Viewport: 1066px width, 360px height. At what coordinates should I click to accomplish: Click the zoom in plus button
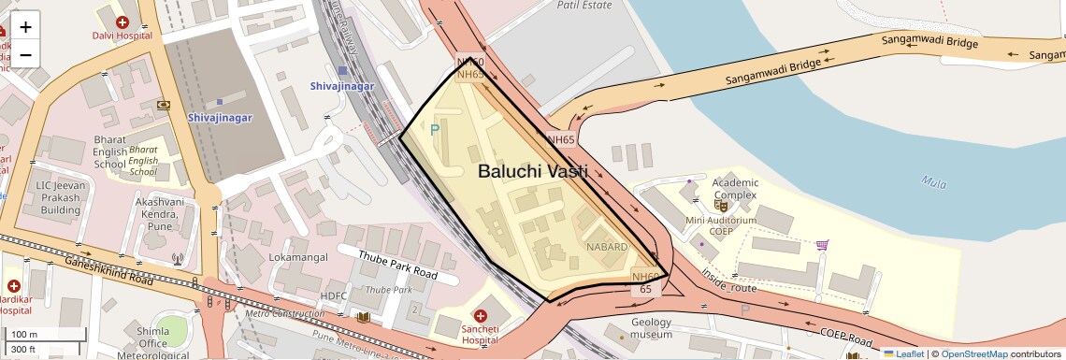[25, 27]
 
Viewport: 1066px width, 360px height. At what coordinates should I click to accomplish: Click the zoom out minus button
[25, 54]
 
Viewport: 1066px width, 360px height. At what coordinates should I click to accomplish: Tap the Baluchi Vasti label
[532, 171]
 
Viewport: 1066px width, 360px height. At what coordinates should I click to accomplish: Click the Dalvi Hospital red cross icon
[122, 22]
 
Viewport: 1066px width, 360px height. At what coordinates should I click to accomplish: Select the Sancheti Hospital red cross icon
[481, 316]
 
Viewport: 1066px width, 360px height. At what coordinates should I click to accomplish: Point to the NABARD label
[609, 246]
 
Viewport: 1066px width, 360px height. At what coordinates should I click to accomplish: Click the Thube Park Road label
[399, 264]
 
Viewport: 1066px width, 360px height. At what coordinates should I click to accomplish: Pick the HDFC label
[334, 295]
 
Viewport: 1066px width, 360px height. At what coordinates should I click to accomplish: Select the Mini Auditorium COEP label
[720, 226]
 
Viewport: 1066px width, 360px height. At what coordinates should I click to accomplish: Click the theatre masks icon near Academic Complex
[721, 204]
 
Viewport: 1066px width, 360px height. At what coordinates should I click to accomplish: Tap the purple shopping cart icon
[822, 245]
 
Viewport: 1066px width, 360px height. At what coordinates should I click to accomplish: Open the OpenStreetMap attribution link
[974, 353]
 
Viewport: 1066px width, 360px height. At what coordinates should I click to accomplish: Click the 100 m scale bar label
[24, 335]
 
